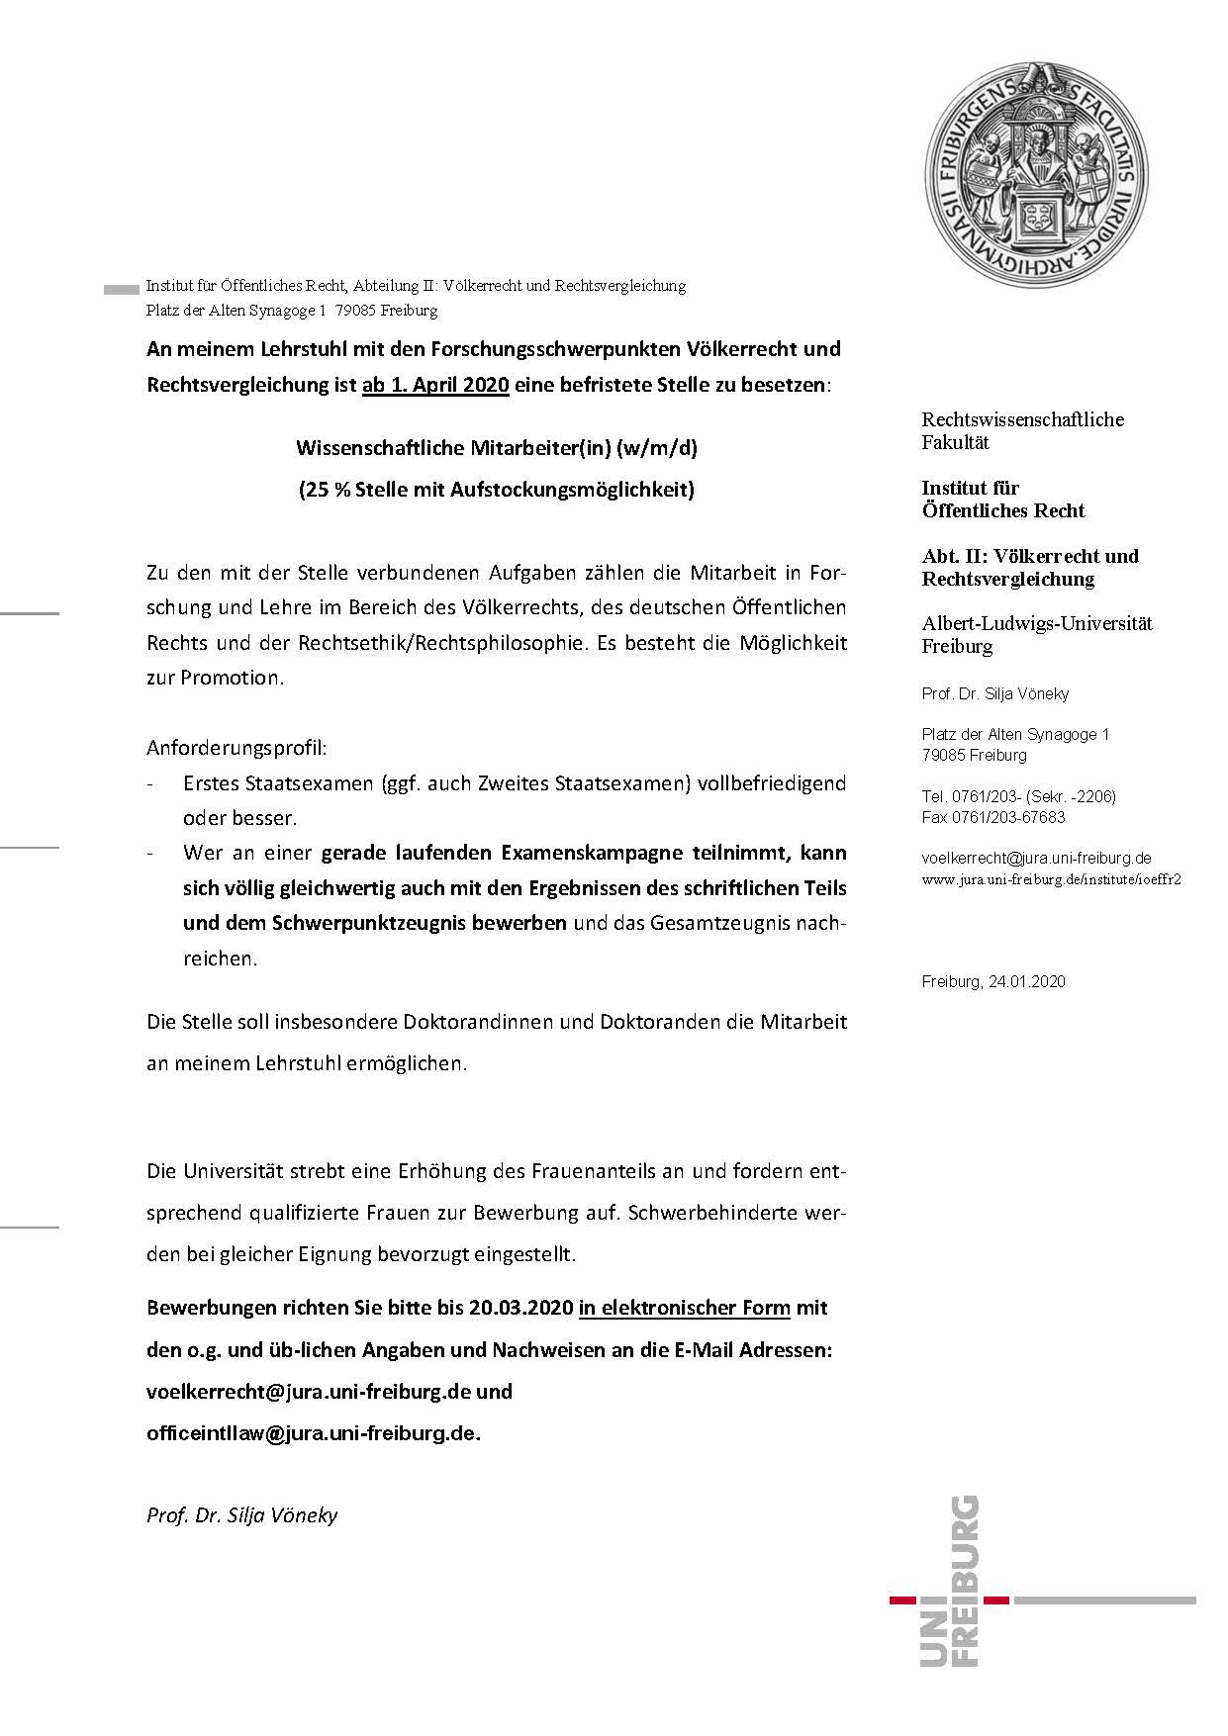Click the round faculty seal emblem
(x=1037, y=174)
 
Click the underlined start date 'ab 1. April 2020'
(x=435, y=385)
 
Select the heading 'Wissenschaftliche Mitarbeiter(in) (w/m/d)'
(x=497, y=448)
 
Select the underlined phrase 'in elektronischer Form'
(x=685, y=1308)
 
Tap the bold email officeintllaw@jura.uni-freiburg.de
(x=313, y=1433)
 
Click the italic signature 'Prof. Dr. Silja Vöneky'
(x=242, y=1515)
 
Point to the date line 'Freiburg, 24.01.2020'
(x=992, y=982)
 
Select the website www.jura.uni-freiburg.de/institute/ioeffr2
(x=1051, y=878)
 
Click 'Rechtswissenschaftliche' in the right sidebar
(x=1022, y=419)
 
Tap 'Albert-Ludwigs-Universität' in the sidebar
(x=1037, y=623)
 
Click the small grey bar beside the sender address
(x=121, y=290)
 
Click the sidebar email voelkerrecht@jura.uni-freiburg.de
(x=1036, y=859)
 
